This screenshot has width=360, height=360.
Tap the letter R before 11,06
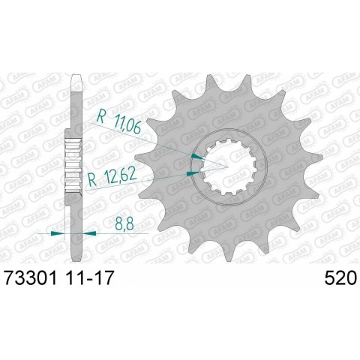click(100, 116)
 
